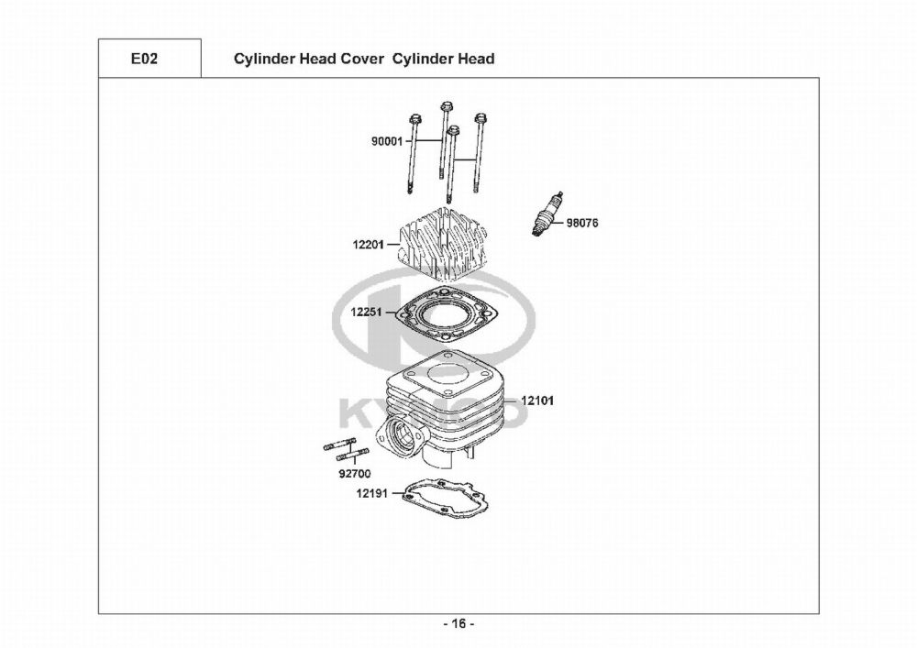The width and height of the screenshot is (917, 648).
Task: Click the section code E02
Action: tap(144, 59)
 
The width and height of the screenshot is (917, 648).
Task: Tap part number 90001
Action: tap(387, 141)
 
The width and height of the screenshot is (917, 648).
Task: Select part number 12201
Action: tap(368, 244)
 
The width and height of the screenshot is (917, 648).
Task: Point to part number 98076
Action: tap(582, 223)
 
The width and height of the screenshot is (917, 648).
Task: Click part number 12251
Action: tap(366, 312)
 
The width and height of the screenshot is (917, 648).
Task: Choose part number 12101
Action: tap(537, 401)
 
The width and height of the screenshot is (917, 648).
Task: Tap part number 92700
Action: tap(354, 473)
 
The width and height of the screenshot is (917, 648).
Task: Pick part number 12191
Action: tap(372, 493)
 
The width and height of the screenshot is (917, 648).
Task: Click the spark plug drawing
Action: tap(548, 213)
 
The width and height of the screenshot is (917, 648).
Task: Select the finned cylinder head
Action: tap(442, 242)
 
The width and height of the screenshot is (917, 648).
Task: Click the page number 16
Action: tap(459, 624)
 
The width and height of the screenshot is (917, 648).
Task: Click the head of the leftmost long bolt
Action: tap(415, 118)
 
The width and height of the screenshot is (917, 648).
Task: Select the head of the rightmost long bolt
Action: tap(481, 118)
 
